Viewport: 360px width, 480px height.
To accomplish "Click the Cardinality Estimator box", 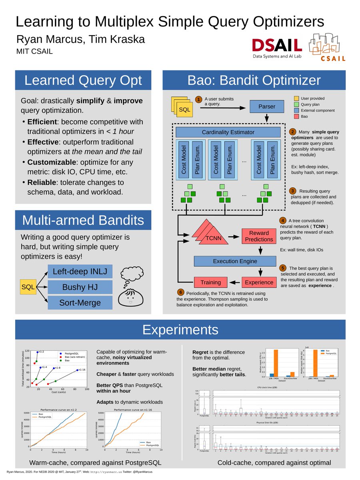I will click(x=228, y=132).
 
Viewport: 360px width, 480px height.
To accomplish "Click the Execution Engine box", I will click(x=235, y=261).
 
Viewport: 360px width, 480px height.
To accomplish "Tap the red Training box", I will click(x=210, y=282).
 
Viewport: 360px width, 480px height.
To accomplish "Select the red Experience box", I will click(x=258, y=282).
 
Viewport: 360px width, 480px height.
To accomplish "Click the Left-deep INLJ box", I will click(x=80, y=272).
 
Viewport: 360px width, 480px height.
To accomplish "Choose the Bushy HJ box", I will click(x=80, y=287).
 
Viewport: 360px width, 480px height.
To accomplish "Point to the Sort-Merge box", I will click(x=80, y=302).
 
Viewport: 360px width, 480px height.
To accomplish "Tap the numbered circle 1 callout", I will click(x=198, y=99).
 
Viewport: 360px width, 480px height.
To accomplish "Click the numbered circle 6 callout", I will click(x=181, y=292).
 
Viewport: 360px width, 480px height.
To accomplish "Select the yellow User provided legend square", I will click(x=296, y=98).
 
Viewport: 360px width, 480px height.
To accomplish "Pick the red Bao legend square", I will click(x=296, y=116).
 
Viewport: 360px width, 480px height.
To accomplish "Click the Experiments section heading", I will click(x=180, y=330).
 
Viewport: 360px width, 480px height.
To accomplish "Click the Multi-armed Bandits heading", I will click(x=83, y=220).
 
